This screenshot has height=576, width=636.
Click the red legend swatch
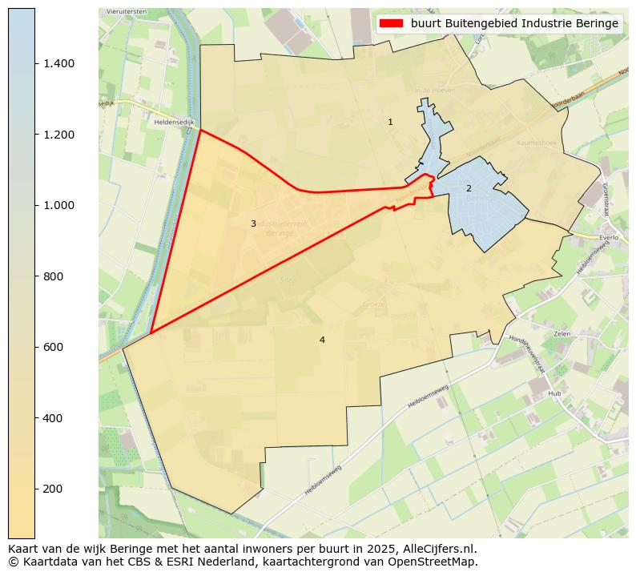point(392,23)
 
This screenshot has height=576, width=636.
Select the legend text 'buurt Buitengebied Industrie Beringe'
point(514,23)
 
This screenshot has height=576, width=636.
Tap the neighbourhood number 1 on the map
point(390,123)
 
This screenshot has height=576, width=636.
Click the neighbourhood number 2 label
point(469,188)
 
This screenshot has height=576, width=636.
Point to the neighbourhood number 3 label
point(253,224)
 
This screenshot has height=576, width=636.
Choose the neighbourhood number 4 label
point(322,340)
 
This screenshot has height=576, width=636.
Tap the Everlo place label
point(610,238)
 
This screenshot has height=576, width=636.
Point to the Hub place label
point(554,394)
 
